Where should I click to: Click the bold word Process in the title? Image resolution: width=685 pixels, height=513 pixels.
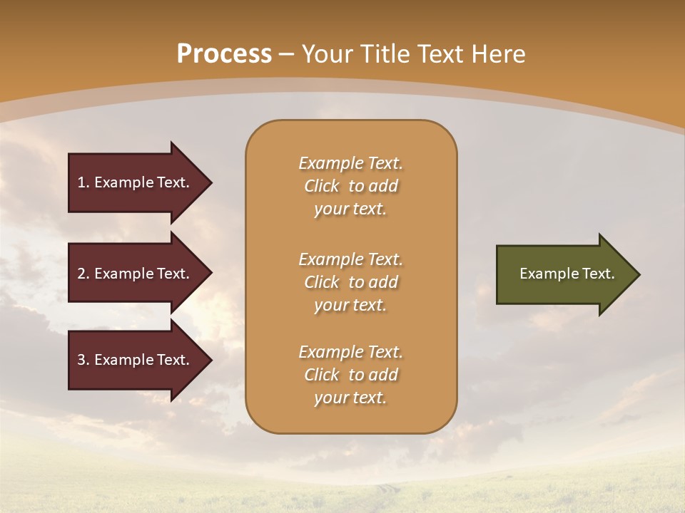click(x=224, y=54)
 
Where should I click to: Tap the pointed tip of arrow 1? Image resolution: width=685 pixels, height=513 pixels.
click(x=210, y=182)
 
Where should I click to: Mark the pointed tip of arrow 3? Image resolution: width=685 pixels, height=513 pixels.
click(x=210, y=360)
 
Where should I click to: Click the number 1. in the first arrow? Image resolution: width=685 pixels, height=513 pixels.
click(x=83, y=182)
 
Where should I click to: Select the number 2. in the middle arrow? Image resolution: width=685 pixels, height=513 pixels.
click(x=83, y=274)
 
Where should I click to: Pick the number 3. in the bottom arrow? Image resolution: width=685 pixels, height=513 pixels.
click(x=83, y=360)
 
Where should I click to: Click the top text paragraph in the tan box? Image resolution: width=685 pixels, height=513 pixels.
click(x=350, y=186)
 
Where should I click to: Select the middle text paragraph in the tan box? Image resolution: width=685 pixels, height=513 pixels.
click(x=350, y=281)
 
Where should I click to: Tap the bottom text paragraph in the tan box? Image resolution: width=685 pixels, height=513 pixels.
click(x=350, y=375)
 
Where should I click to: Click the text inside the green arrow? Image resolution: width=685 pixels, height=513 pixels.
click(x=567, y=274)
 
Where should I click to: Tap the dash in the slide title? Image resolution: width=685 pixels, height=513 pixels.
click(x=287, y=55)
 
